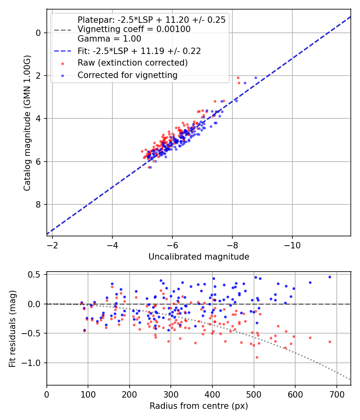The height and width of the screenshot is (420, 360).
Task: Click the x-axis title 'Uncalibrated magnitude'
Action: click(x=199, y=257)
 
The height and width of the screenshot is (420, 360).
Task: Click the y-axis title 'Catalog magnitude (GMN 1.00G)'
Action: click(x=27, y=123)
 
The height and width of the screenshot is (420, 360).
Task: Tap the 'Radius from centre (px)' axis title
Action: click(x=199, y=406)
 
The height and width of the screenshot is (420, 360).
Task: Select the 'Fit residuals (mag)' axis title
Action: click(x=12, y=328)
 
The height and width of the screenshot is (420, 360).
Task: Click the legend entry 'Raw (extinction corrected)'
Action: click(x=132, y=63)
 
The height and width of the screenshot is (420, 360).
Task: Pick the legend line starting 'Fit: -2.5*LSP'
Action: click(x=139, y=51)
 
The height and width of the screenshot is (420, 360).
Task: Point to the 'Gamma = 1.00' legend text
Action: click(x=109, y=39)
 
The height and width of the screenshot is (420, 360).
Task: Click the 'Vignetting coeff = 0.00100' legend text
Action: click(x=134, y=29)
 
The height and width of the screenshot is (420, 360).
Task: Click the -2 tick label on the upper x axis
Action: click(x=52, y=244)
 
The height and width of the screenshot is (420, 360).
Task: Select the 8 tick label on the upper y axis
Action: click(x=38, y=205)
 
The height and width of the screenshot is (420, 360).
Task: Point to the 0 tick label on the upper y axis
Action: click(x=38, y=33)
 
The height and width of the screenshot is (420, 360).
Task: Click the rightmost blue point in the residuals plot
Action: click(x=330, y=277)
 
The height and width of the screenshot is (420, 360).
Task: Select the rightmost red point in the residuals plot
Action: click(x=330, y=342)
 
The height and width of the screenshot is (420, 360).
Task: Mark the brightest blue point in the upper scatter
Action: click(x=256, y=78)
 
